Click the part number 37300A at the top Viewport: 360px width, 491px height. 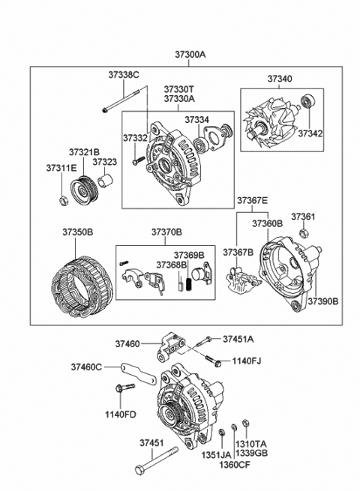point(190,55)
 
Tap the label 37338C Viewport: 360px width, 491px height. point(124,75)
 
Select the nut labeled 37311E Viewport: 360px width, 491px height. point(64,200)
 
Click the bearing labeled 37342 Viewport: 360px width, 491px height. point(307,101)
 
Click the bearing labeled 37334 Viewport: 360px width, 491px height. point(199,145)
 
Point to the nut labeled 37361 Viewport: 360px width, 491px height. point(304,233)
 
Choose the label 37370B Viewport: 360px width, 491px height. point(166,232)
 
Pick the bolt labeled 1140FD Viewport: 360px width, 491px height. point(124,388)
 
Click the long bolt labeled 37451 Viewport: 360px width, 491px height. point(156,460)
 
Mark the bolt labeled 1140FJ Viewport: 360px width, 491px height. point(212,360)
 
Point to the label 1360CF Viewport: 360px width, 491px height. point(235,464)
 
